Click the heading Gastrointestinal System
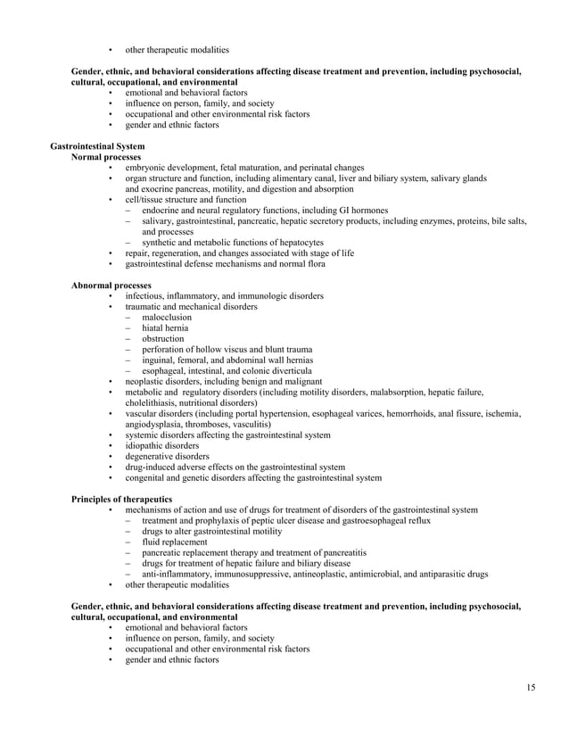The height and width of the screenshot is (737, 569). pyautogui.click(x=97, y=145)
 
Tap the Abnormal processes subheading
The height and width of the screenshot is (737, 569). pyautogui.click(x=111, y=285)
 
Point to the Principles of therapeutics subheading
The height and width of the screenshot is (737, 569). pyautogui.click(x=121, y=498)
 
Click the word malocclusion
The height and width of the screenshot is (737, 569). pyautogui.click(x=167, y=317)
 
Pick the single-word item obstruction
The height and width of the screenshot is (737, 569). pyautogui.click(x=163, y=338)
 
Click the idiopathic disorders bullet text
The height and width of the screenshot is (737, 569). pyautogui.click(x=162, y=445)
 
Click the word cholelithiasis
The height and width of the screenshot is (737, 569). pyautogui.click(x=151, y=402)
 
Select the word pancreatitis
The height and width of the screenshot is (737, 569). pyautogui.click(x=342, y=551)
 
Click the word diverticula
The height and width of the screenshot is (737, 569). pyautogui.click(x=290, y=370)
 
